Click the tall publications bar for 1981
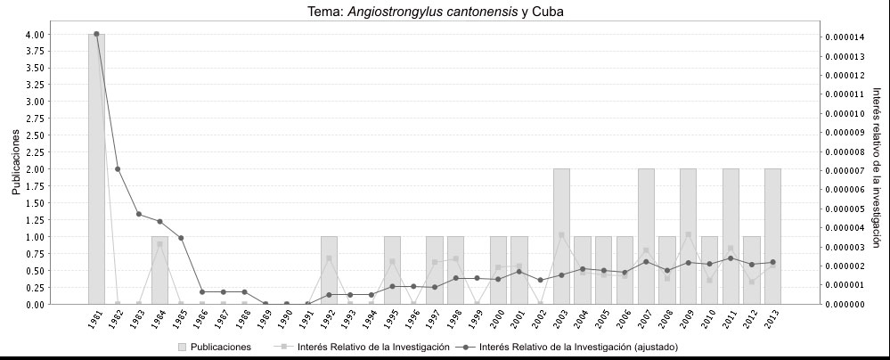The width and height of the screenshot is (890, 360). point(96,169)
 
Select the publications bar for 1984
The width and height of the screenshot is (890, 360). point(159,270)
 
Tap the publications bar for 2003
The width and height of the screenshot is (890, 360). point(561,236)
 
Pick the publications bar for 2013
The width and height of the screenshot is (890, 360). point(772,236)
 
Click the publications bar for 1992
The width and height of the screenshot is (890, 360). point(329,270)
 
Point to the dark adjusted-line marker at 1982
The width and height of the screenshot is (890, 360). point(118,169)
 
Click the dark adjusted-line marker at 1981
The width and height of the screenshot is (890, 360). point(96,34)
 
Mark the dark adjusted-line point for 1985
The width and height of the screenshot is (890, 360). point(181,238)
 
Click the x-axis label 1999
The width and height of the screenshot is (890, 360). point(477,320)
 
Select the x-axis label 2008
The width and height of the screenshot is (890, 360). point(666,320)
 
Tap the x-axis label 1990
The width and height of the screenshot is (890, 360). point(286,320)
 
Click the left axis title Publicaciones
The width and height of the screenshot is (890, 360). point(15,161)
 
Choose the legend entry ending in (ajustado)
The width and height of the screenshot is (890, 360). point(579,347)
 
